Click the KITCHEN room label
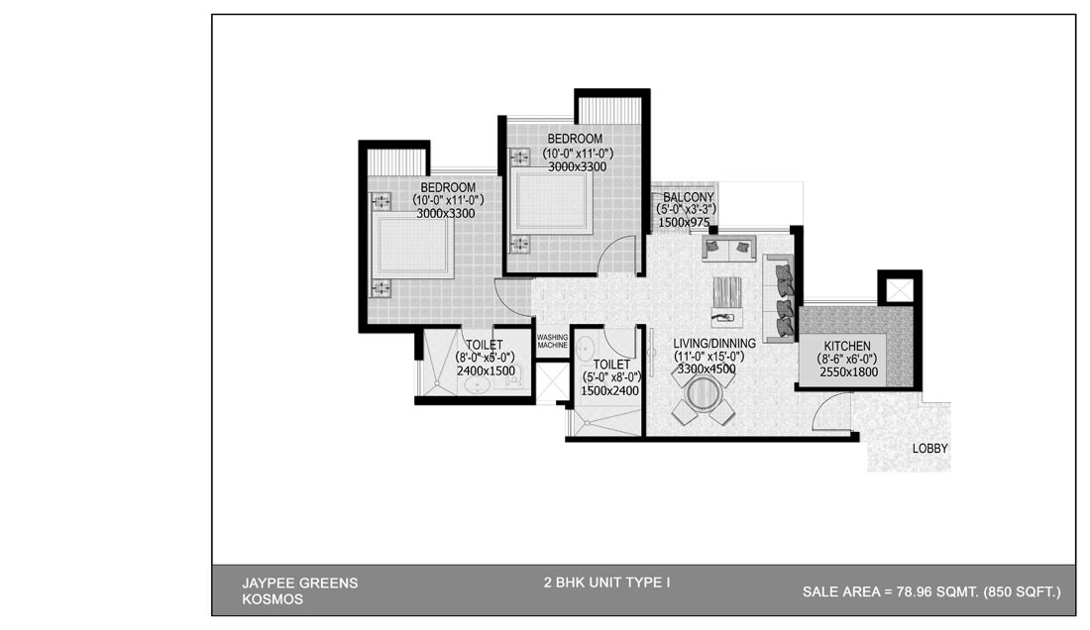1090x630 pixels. click(846, 346)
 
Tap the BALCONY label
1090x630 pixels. click(689, 197)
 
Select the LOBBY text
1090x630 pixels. click(929, 449)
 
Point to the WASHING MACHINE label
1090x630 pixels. click(553, 341)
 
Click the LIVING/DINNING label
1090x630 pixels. click(713, 343)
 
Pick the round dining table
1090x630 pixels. click(704, 394)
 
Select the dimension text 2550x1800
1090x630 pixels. click(848, 372)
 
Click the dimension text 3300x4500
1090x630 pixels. click(707, 369)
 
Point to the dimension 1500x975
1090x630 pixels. click(684, 223)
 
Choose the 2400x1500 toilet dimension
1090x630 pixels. click(486, 370)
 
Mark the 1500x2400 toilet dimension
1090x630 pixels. click(609, 391)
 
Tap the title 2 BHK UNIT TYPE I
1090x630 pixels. click(606, 582)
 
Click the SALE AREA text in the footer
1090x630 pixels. click(931, 591)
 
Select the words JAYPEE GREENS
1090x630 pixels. click(299, 583)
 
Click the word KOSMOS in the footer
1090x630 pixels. click(272, 599)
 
